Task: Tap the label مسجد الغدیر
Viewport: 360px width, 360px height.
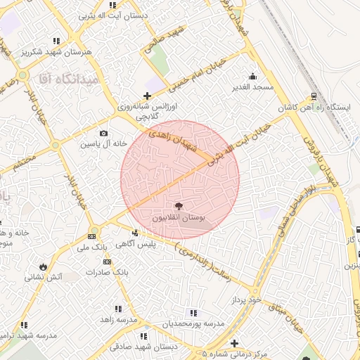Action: click(x=252, y=88)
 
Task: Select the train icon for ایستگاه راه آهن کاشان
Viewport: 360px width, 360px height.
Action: click(x=313, y=96)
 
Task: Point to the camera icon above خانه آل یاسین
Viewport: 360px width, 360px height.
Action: click(x=104, y=134)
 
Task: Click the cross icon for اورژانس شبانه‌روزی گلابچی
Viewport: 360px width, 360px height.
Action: click(x=146, y=96)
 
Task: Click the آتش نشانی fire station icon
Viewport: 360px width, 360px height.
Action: click(x=45, y=266)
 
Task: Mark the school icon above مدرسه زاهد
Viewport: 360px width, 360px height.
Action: click(x=117, y=309)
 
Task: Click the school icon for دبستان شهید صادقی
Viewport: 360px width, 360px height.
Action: click(x=144, y=336)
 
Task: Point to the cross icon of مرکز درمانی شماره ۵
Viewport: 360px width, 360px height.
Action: click(x=234, y=342)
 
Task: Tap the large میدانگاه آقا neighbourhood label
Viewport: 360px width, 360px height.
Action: click(x=71, y=82)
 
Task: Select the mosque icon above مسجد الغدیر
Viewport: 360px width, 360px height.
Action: click(x=252, y=77)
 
